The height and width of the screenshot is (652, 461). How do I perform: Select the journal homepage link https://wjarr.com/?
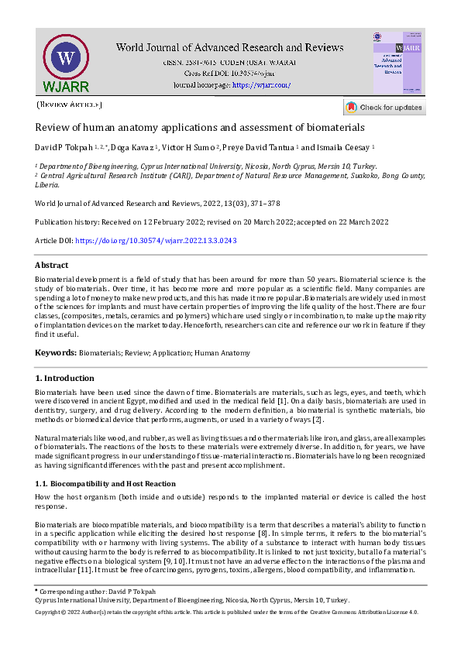point(261,84)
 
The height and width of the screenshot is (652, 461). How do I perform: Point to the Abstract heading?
point(52,265)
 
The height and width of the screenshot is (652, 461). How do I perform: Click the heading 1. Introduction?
point(65,378)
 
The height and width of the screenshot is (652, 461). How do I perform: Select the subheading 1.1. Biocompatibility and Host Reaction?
point(101,483)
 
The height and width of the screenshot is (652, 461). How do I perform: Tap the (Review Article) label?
point(69,104)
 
